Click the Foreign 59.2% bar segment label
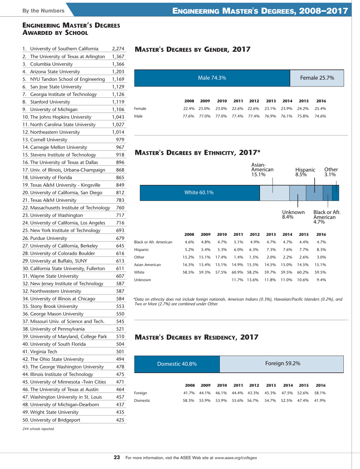point(283,268)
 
